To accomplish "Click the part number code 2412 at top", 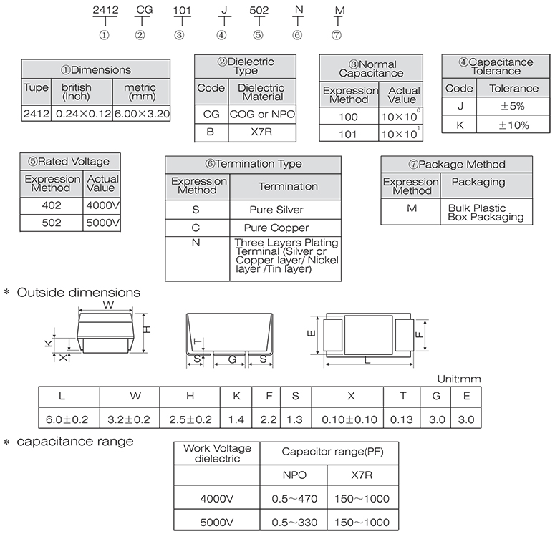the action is point(105,10).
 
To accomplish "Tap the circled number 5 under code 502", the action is point(259,35).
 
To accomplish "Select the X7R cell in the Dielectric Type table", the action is point(261,132).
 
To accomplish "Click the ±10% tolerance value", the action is point(513,125).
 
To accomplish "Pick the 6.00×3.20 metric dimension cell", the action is point(142,114).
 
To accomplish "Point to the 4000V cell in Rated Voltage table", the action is point(102,205).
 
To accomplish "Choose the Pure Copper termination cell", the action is point(276,228).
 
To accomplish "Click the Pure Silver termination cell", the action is point(276,210).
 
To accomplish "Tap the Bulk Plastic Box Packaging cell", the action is point(486,213).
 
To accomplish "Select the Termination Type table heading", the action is point(254,164).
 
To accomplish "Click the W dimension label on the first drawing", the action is point(108,305).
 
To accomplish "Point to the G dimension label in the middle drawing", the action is point(232,359).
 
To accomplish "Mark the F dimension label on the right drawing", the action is point(419,334).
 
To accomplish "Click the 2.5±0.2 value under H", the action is point(190,419).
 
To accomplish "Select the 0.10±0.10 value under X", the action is point(349,419).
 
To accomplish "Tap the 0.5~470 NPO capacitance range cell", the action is point(294,499).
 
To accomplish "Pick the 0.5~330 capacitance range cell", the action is point(294,523).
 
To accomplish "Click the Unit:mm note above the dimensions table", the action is point(459,379).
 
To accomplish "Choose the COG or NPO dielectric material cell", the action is point(262,115).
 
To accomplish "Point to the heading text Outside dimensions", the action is point(79,293).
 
